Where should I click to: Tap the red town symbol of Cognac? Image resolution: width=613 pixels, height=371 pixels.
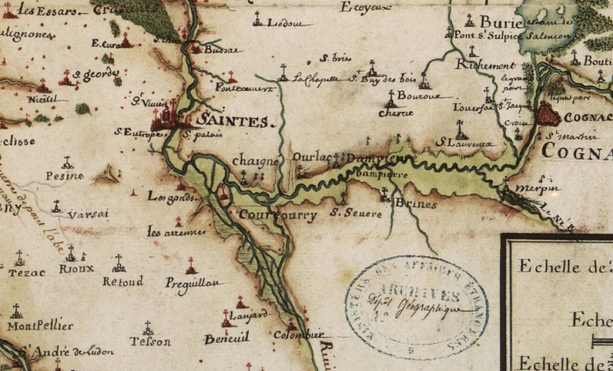548,113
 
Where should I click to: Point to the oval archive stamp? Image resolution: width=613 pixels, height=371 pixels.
416,307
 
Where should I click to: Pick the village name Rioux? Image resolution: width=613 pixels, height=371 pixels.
76,269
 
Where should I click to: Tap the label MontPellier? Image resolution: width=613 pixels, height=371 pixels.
39,325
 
